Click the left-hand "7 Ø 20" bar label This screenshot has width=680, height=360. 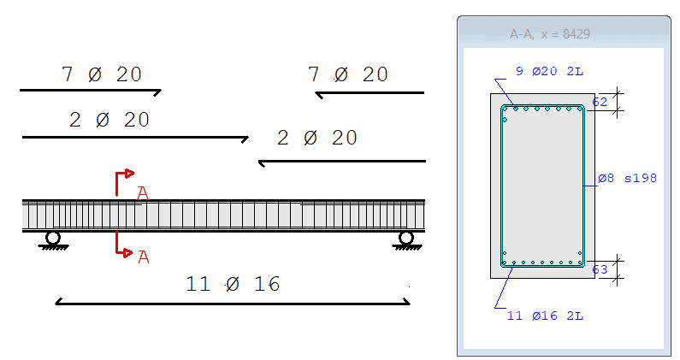pos(102,75)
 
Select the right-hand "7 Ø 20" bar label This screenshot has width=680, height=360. pos(348,75)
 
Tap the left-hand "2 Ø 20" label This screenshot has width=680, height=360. pos(109,121)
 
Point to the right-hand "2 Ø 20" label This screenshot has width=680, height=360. pos(317,138)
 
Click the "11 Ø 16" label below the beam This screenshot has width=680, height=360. pos(233,284)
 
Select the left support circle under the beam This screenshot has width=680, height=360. pos(53,238)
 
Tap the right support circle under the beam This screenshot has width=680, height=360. pos(406,238)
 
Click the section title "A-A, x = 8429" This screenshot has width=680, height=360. pos(550,34)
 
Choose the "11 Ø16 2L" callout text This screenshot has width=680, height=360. pos(545,316)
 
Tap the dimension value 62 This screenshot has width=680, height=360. pos(600,102)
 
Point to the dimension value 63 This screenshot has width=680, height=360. pos(600,269)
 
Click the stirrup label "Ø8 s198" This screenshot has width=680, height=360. pos(627,179)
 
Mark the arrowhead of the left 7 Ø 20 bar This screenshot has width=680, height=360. pos(158,90)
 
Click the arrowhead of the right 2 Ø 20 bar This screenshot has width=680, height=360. pos(262,162)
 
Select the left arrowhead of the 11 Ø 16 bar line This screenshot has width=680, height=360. pos(58,301)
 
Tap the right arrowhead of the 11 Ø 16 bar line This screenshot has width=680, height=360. pos(407,301)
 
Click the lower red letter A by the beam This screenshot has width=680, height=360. pos(143,257)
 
